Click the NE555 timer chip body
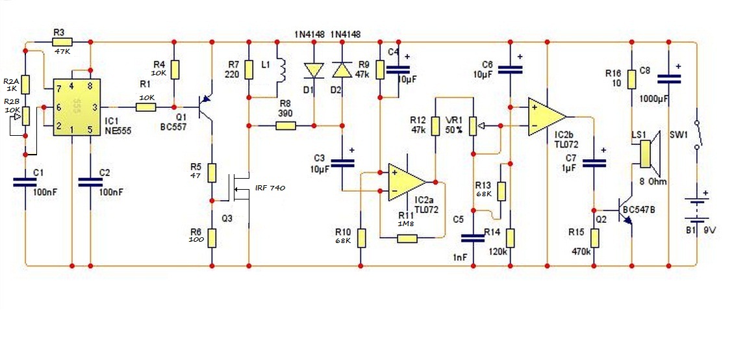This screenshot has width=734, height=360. point(71,107)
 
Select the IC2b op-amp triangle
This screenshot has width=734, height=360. point(546,116)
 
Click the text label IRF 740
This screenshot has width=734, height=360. point(269,188)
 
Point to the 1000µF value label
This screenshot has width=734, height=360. point(654,99)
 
